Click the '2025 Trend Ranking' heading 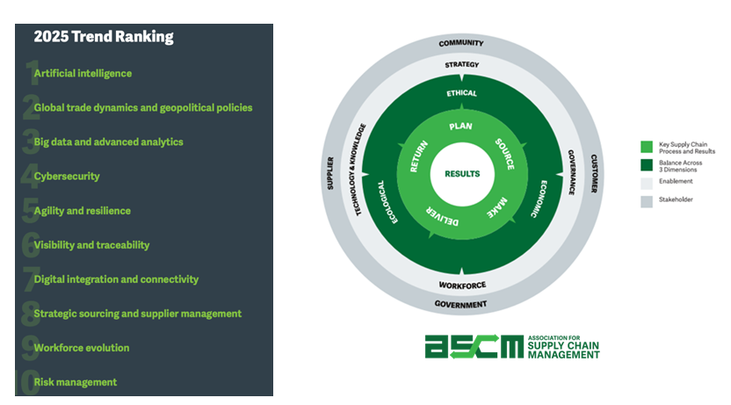coord(103,37)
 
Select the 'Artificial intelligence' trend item coord(83,74)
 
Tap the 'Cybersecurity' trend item coord(67,177)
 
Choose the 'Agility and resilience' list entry coord(82,211)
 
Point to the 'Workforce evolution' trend coord(82,348)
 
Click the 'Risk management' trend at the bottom coord(76,382)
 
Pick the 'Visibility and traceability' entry coord(91,245)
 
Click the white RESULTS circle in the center coord(462,173)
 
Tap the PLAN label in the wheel coord(461,127)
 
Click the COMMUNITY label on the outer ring coord(461,42)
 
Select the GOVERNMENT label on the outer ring coord(461,305)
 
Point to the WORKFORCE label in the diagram coord(461,285)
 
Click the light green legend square coord(647,147)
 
